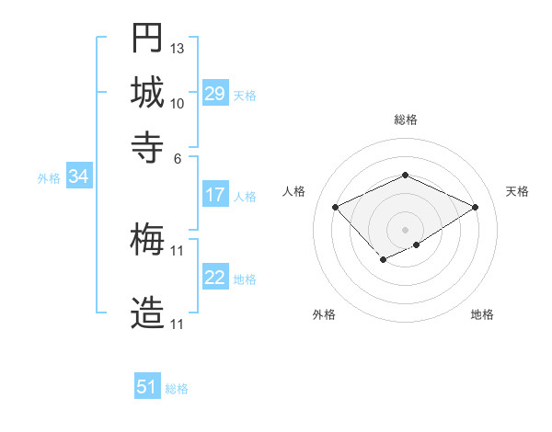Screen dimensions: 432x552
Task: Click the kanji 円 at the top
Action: (147, 38)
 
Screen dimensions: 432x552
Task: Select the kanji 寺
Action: (147, 145)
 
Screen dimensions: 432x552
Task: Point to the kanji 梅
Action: (147, 241)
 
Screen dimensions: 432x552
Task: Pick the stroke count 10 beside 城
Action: (178, 103)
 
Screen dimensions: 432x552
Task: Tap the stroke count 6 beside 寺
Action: (178, 157)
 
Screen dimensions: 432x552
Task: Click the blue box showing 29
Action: (214, 94)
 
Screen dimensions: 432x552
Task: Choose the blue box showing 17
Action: (214, 195)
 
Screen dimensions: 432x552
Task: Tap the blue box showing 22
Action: (214, 278)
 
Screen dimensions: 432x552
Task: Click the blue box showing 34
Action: (78, 177)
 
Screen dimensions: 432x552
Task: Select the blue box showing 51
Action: (147, 388)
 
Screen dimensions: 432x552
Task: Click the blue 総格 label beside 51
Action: (177, 389)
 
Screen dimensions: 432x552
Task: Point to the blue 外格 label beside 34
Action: (49, 178)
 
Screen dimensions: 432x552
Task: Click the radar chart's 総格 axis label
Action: (405, 119)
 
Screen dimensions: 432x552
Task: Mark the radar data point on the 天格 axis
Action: (476, 207)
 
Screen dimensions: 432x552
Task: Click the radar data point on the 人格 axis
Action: (335, 207)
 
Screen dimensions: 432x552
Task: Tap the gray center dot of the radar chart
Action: (405, 229)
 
